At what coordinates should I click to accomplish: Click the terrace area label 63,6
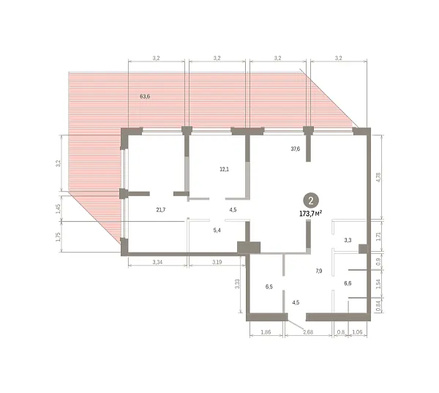click(x=145, y=97)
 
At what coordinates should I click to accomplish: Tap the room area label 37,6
click(x=295, y=149)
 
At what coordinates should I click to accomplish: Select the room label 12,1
click(x=224, y=169)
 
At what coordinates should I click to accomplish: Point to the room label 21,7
click(x=161, y=209)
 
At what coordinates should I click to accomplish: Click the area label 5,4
click(x=217, y=231)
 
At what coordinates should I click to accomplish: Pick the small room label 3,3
click(x=348, y=240)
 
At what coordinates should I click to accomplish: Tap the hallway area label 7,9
click(x=318, y=271)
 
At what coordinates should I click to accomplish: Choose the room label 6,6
click(x=348, y=283)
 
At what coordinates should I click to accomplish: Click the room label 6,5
click(x=269, y=287)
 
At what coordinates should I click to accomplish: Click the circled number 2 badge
click(x=311, y=201)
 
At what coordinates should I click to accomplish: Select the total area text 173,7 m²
click(x=310, y=214)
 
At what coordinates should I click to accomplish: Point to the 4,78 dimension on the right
click(x=378, y=177)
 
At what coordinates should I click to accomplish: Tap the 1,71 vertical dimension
click(x=378, y=237)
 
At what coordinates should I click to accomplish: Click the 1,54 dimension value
click(x=378, y=284)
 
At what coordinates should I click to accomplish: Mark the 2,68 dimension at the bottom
click(x=308, y=332)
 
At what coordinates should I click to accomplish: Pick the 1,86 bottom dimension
click(x=266, y=332)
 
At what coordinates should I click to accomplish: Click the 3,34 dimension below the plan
click(x=157, y=262)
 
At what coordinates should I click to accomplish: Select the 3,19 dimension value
click(x=217, y=262)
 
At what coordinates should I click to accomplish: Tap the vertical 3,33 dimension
click(x=237, y=284)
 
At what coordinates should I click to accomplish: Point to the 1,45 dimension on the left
click(x=58, y=209)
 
